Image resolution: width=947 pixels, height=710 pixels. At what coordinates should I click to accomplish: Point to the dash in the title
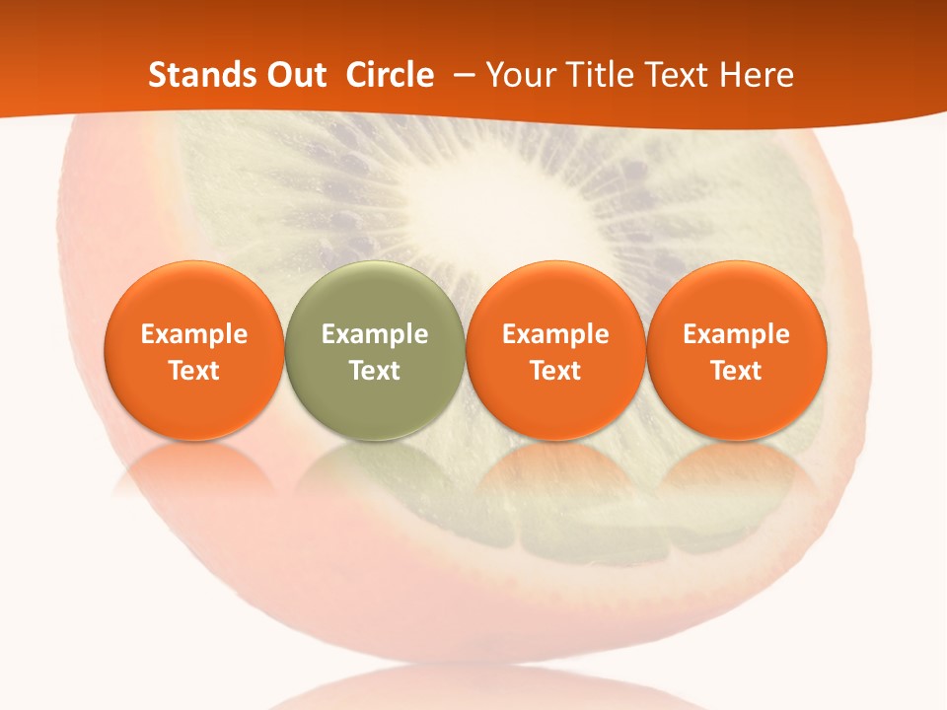(x=460, y=76)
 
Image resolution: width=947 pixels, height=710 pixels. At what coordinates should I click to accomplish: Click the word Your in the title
(x=519, y=75)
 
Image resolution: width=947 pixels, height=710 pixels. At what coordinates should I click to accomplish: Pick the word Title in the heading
(x=595, y=75)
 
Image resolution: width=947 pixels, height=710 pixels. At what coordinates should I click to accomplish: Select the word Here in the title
(x=758, y=75)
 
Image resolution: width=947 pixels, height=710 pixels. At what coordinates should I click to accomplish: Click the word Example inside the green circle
(x=375, y=334)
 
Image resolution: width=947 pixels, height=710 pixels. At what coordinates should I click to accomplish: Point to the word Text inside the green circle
(x=375, y=371)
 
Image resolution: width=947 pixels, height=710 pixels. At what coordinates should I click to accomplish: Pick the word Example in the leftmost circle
(x=194, y=334)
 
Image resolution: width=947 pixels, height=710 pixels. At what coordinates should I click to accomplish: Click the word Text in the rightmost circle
(x=737, y=371)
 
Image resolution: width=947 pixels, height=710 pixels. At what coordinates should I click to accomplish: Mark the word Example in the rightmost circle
(x=737, y=334)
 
